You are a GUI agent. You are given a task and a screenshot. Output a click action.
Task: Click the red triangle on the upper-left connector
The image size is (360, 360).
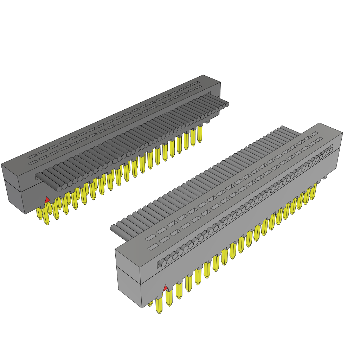tap(47, 200)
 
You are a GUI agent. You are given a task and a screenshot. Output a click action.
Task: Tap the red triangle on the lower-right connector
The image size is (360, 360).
tap(165, 289)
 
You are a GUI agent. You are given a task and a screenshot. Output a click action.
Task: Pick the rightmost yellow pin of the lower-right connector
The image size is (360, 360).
tap(313, 192)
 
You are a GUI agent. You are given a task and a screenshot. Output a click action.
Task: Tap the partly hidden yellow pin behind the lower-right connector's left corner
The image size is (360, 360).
tap(150, 303)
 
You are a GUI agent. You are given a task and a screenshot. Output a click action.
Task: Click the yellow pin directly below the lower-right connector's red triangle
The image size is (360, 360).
tap(169, 299)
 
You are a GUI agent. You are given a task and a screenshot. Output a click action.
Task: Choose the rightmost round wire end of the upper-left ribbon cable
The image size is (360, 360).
tap(227, 104)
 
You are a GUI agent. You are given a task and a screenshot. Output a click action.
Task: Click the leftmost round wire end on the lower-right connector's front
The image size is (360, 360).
tap(161, 263)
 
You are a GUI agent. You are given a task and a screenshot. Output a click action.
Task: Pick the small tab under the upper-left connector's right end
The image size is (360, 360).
tap(207, 121)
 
